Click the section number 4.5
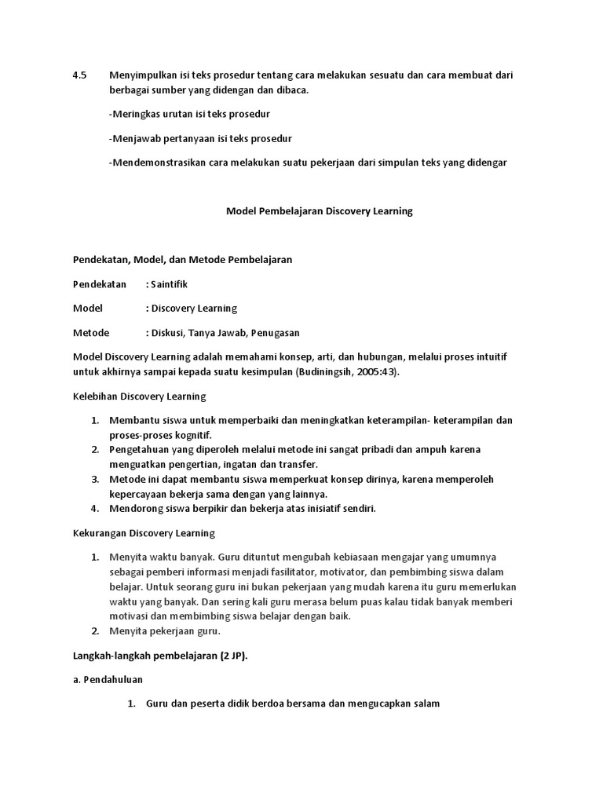tap(79, 75)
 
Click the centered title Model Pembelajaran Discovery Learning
tap(320, 211)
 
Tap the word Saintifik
tap(169, 284)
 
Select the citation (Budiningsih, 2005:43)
tap(347, 371)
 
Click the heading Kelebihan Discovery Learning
tap(139, 396)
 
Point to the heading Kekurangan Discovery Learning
tap(144, 533)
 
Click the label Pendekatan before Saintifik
tap(100, 284)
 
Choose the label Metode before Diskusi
tap(91, 333)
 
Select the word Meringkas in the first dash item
tap(136, 115)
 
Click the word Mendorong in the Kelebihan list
tap(135, 508)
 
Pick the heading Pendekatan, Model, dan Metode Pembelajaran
tap(182, 260)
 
